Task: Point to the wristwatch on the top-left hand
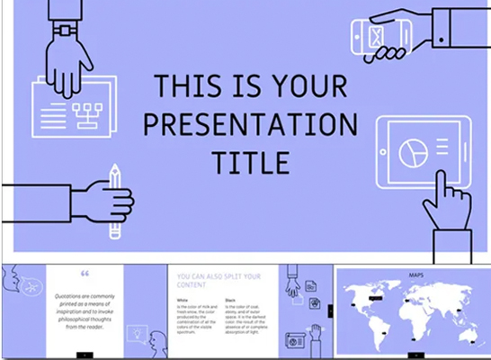64,29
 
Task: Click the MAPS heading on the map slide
417,274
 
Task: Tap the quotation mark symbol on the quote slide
85,274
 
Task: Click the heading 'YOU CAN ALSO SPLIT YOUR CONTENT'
219,281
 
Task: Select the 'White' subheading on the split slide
183,300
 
